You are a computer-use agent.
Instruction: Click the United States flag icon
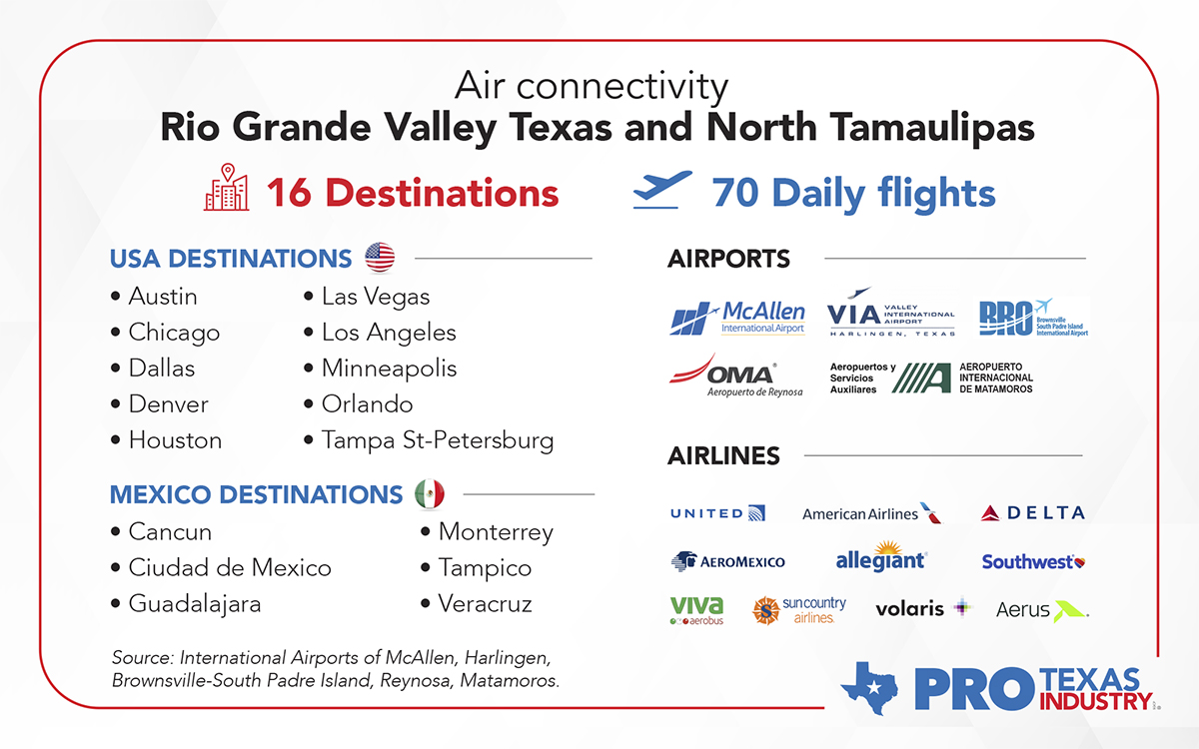pos(380,258)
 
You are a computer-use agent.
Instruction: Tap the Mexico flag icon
pos(430,493)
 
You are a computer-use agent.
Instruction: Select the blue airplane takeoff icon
pos(661,190)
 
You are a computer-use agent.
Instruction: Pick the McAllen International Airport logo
pos(737,318)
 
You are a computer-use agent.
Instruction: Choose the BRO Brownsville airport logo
pos(1032,318)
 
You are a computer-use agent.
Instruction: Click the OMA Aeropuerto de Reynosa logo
pos(735,375)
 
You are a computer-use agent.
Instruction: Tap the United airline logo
pos(717,513)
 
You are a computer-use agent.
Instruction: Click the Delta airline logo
pos(1032,513)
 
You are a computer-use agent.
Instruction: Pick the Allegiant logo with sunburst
pos(880,558)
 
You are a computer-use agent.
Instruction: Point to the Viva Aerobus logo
pos(696,609)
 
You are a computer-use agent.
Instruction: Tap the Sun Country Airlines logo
pos(799,609)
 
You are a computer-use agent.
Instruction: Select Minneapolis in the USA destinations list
pos(389,369)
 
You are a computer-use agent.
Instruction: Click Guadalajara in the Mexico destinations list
pos(195,604)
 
